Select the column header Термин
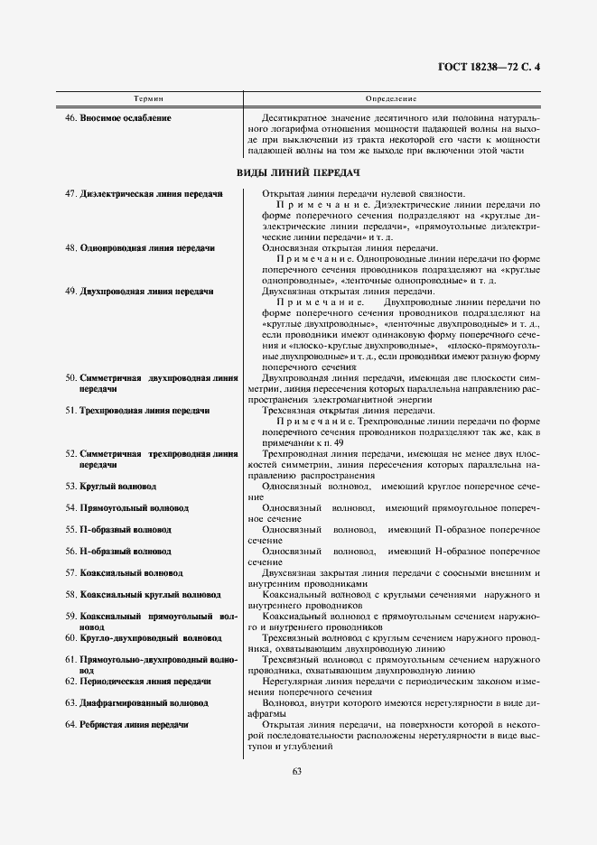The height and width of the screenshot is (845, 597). coord(149,97)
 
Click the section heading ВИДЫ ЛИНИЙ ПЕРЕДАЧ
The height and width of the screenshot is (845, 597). coord(298,172)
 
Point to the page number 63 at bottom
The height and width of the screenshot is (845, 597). coord(298,770)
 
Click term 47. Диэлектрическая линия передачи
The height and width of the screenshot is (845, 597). coord(144,193)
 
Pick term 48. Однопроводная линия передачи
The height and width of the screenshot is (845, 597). coord(140,246)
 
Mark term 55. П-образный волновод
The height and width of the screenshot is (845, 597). coord(117,530)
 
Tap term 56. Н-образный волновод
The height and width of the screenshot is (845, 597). coord(117,551)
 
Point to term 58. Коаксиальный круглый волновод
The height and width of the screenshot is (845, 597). coord(143,595)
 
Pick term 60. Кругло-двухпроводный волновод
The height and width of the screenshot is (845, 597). coord(143,637)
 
